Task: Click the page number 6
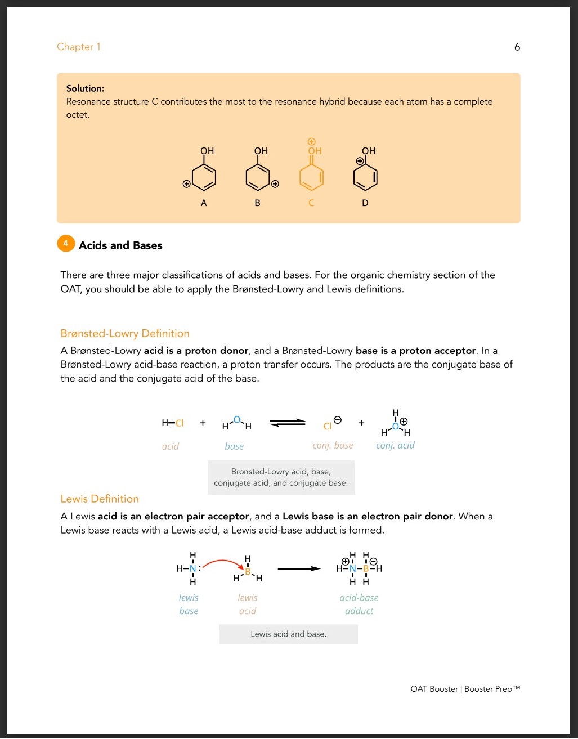pyautogui.click(x=517, y=47)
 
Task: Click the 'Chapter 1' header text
pyautogui.click(x=78, y=47)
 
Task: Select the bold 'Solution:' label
pyautogui.click(x=85, y=88)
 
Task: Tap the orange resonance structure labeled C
pyautogui.click(x=312, y=172)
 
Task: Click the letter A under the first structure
pyautogui.click(x=204, y=203)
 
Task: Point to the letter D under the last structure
pyautogui.click(x=365, y=203)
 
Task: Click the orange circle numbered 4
pyautogui.click(x=66, y=244)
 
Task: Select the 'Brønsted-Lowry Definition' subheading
pyautogui.click(x=125, y=333)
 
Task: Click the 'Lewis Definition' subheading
pyautogui.click(x=100, y=499)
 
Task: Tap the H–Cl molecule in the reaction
pyautogui.click(x=172, y=423)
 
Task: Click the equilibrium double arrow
pyautogui.click(x=287, y=423)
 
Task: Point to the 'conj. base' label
pyautogui.click(x=333, y=445)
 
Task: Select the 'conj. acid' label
pyautogui.click(x=395, y=445)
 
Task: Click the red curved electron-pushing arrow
pyautogui.click(x=222, y=562)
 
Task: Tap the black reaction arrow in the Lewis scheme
pyautogui.click(x=299, y=568)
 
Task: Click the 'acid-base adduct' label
pyautogui.click(x=359, y=604)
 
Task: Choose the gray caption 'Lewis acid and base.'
pyautogui.click(x=288, y=634)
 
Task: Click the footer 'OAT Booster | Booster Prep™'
pyautogui.click(x=465, y=689)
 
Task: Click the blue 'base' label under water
pyautogui.click(x=234, y=446)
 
